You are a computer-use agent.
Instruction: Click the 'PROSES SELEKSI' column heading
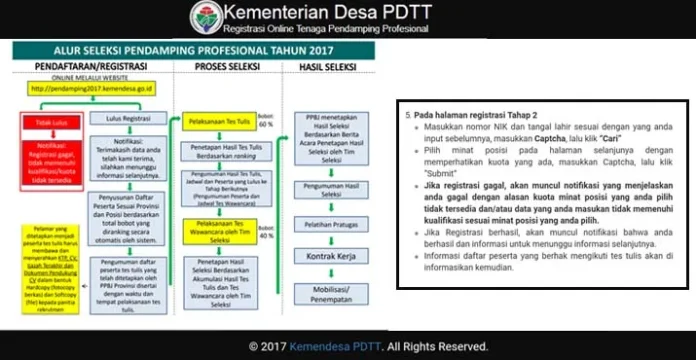point(225,65)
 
